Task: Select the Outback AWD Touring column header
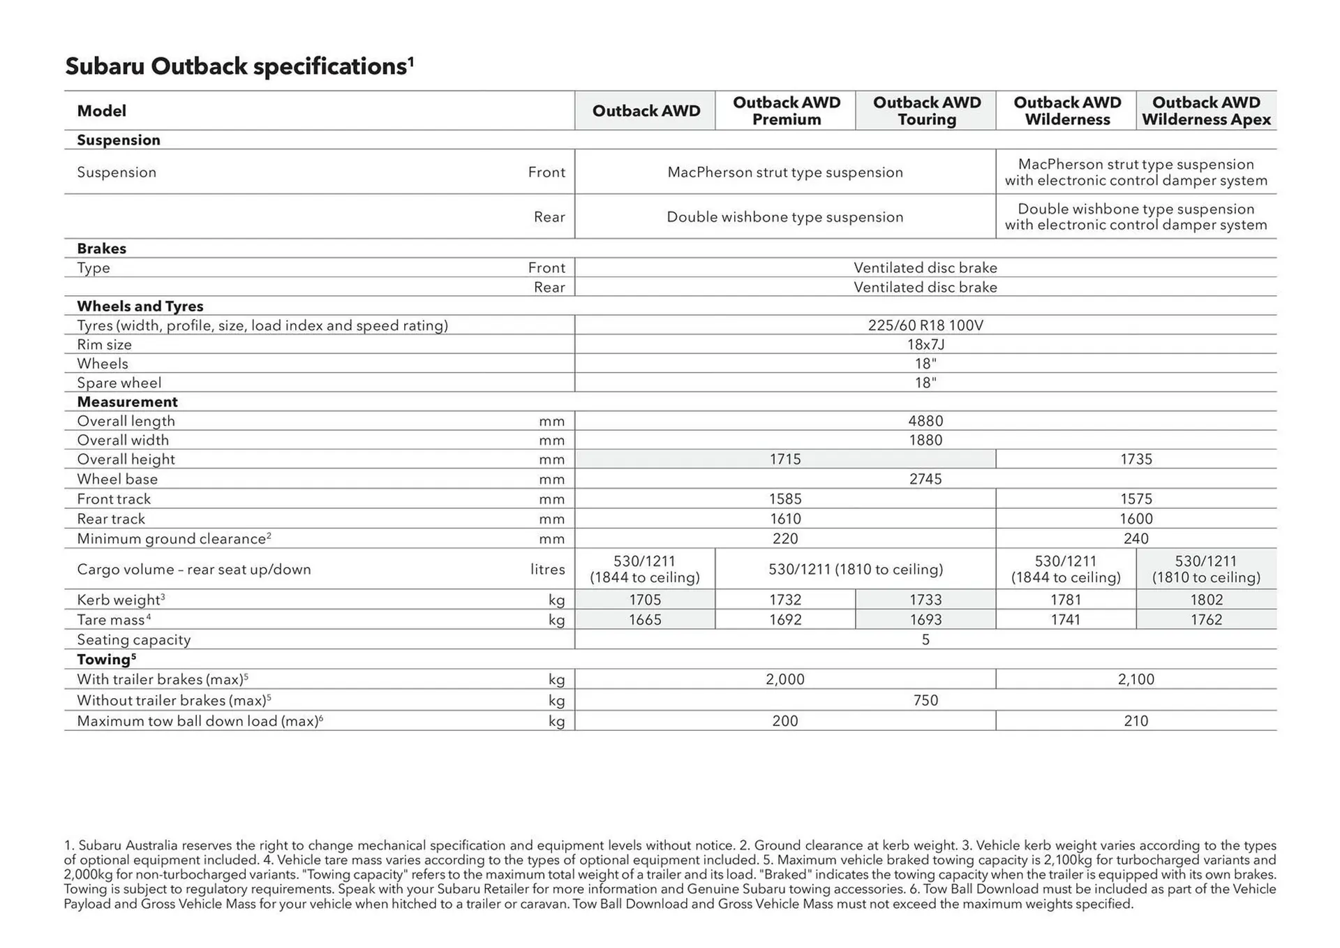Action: point(926,111)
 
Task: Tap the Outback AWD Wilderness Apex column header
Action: point(1206,111)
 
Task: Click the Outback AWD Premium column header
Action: point(786,111)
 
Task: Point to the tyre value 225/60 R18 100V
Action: point(925,325)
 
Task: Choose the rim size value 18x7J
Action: point(925,345)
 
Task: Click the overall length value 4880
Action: point(925,421)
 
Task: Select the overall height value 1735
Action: point(1136,459)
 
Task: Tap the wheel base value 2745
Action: point(925,479)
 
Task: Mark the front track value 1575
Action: point(1136,499)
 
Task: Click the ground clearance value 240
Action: point(1136,539)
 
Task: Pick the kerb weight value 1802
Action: point(1206,600)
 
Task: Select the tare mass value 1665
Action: point(645,620)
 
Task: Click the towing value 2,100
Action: point(1136,679)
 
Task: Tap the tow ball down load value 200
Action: point(785,721)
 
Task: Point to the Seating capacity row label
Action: point(133,639)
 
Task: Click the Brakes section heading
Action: point(102,249)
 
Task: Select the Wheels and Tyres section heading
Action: point(140,306)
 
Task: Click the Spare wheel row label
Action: point(119,383)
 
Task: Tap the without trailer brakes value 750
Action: point(925,700)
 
